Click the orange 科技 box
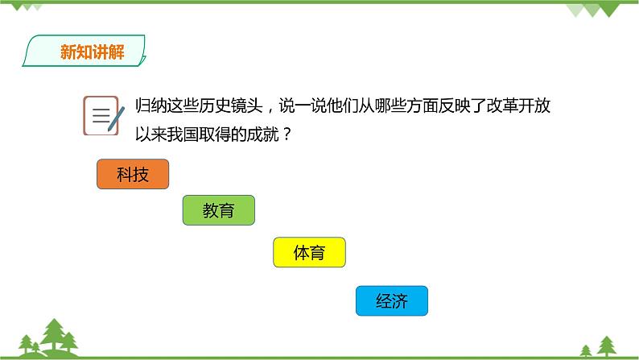[x=133, y=174]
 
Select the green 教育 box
[x=219, y=210]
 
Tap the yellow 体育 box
[x=309, y=252]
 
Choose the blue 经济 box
[x=392, y=301]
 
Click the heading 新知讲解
[x=92, y=52]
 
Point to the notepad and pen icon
[x=104, y=115]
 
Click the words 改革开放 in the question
[x=519, y=106]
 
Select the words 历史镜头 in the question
[x=231, y=106]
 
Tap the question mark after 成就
[x=287, y=134]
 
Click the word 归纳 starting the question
[x=151, y=106]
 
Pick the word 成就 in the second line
[x=263, y=134]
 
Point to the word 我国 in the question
[x=183, y=134]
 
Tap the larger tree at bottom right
[x=607, y=346]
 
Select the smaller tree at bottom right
[x=586, y=350]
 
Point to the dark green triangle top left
[x=17, y=7]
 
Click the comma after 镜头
[x=270, y=110]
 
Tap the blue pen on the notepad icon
[x=116, y=118]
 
